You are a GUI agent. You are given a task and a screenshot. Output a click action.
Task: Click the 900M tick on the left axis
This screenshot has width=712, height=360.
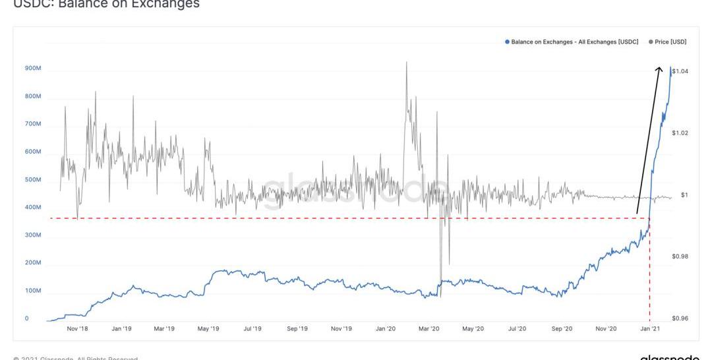32,69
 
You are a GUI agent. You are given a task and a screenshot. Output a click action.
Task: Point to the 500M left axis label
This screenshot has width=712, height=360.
32,180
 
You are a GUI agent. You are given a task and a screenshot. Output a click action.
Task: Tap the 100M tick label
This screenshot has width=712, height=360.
32,291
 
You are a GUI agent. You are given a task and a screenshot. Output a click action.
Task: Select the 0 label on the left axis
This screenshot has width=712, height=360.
27,318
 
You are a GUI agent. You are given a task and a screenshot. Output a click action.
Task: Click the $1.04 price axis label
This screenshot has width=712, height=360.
680,71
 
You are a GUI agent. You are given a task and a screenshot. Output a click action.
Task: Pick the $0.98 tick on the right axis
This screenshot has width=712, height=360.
680,256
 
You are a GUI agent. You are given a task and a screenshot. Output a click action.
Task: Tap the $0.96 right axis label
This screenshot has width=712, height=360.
680,318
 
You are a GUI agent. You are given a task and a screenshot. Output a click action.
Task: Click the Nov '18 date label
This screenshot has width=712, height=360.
77,328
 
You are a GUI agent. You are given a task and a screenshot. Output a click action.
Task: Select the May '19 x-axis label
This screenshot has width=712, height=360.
208,328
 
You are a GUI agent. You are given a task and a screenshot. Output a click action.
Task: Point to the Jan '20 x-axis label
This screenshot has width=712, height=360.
385,328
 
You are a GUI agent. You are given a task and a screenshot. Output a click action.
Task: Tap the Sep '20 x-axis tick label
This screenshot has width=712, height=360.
562,328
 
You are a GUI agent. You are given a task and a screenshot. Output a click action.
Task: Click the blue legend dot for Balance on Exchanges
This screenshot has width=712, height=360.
507,42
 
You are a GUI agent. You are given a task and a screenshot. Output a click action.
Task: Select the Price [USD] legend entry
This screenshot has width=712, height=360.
670,42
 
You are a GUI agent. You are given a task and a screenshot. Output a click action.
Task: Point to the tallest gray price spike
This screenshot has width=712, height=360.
406,63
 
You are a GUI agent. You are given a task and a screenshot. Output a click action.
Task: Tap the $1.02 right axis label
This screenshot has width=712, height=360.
680,133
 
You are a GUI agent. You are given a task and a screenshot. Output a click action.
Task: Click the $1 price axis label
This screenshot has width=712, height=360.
684,195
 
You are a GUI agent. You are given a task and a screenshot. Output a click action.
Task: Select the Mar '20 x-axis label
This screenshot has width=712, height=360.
429,328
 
